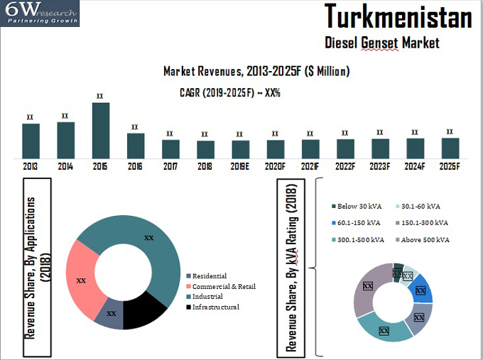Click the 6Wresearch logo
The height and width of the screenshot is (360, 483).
(x=40, y=13)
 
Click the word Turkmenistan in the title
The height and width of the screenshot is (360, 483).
(x=398, y=16)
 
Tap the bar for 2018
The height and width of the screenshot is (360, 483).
(x=205, y=149)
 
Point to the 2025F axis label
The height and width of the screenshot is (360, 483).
(x=450, y=166)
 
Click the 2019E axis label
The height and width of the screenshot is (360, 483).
(x=240, y=166)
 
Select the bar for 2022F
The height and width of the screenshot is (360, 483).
(x=345, y=148)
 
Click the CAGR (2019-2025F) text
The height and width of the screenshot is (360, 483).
(x=230, y=92)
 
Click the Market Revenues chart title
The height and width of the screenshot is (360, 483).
(x=256, y=72)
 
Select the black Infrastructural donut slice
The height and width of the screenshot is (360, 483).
(x=145, y=310)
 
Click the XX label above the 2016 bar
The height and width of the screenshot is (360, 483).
(x=135, y=127)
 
